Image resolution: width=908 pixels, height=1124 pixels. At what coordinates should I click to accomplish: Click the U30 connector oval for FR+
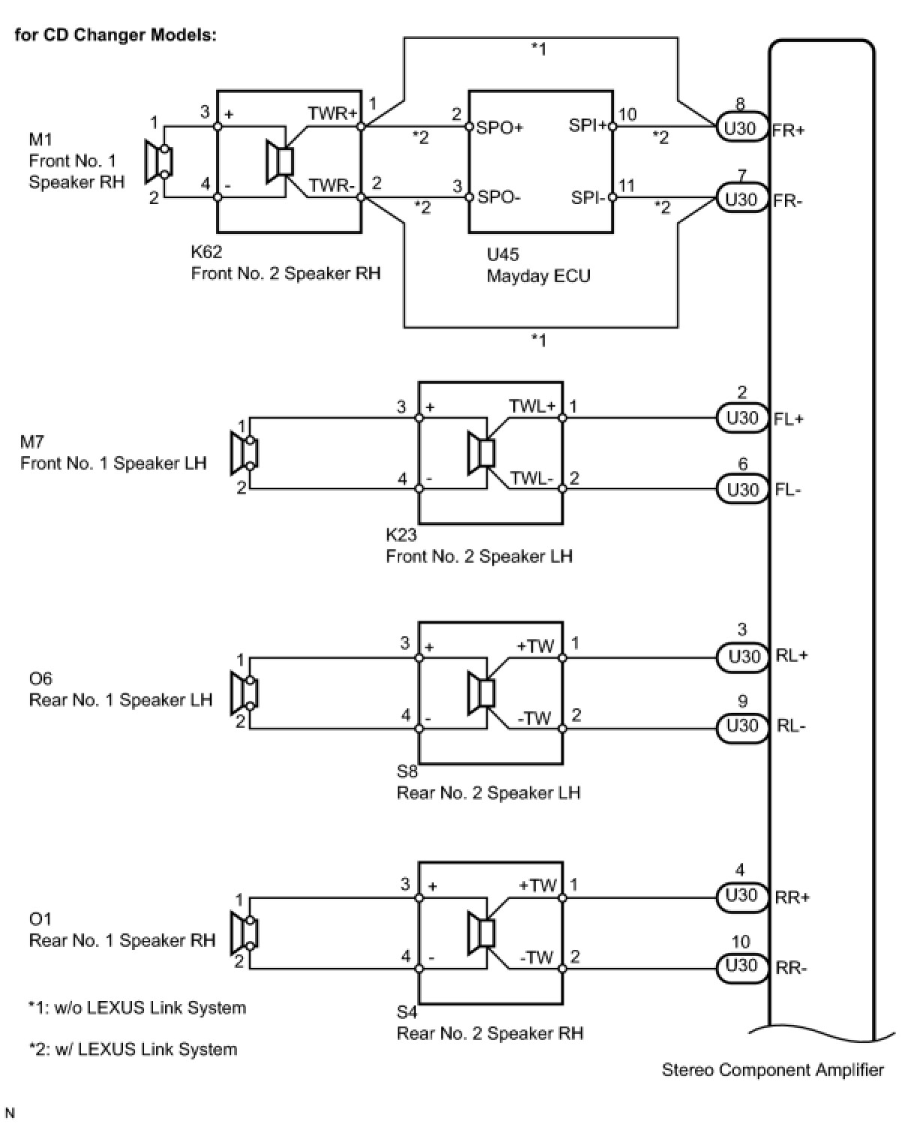coord(741,127)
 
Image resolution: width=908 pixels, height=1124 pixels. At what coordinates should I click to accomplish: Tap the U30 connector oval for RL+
coord(742,657)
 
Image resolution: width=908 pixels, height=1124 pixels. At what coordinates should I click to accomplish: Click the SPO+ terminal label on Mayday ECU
coord(499,128)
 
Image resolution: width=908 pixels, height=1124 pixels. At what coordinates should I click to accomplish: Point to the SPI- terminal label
coord(588,198)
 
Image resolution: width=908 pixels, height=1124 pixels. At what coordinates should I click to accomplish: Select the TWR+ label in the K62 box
coord(332,113)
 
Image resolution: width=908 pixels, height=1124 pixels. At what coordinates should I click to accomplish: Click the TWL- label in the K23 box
coord(531,478)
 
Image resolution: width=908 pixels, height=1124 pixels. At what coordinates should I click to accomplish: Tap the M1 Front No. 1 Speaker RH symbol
coord(158,162)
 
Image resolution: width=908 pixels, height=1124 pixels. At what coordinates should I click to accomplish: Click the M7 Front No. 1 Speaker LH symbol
coord(244,452)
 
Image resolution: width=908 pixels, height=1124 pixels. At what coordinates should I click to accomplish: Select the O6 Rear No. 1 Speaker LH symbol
coord(244,693)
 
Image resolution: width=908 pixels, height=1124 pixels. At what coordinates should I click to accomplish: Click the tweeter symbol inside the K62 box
coord(280,162)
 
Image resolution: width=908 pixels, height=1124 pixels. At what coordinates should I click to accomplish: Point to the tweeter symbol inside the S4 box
coord(481,933)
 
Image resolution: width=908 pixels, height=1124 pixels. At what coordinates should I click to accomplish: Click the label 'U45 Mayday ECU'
coord(538,265)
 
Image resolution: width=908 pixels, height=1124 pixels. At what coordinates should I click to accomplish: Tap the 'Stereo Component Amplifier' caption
coord(773,1070)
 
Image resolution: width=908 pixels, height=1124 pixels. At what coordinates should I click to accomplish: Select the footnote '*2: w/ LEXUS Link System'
coord(133,1048)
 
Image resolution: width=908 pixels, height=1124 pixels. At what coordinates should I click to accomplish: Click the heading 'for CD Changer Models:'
coord(116,35)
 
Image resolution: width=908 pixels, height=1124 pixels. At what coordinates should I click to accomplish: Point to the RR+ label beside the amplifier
coord(792,897)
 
